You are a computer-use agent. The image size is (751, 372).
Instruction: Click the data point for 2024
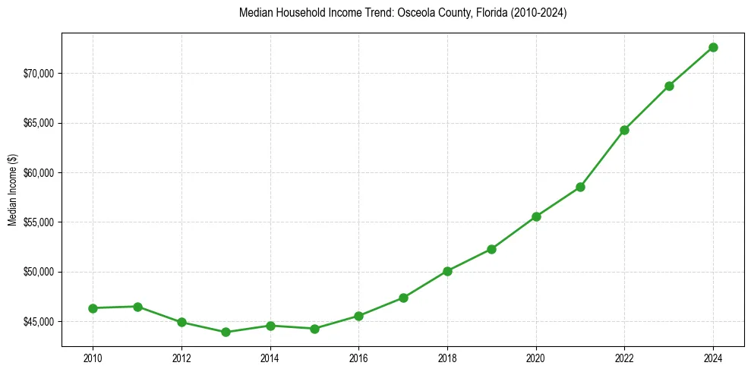pos(713,47)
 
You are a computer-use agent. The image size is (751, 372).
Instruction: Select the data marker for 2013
pos(226,332)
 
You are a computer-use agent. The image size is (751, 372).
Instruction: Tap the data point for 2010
pos(93,308)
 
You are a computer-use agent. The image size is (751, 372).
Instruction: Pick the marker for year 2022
pos(624,130)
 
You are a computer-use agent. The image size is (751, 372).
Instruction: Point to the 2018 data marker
pos(447,271)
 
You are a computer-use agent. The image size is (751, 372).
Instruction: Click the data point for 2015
pos(314,329)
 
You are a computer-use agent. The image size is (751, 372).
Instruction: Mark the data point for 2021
pos(580,187)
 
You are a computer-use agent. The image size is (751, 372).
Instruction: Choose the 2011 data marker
pos(137,307)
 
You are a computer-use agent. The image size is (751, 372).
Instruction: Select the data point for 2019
pos(491,249)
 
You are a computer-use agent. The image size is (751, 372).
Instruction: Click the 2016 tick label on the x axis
pos(358,358)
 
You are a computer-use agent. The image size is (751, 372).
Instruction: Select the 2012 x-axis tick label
pos(181,358)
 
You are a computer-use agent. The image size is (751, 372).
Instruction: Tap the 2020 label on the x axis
pos(536,358)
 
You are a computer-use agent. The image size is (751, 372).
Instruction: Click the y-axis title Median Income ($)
pos(12,190)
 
